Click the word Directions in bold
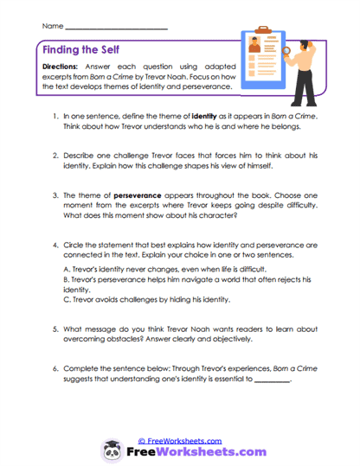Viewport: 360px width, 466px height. tap(61, 67)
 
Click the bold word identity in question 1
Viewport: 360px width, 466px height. tap(205, 114)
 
